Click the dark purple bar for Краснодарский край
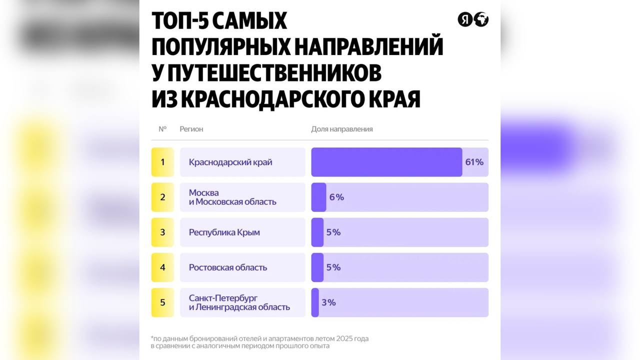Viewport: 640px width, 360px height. click(386, 162)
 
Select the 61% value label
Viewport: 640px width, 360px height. click(474, 162)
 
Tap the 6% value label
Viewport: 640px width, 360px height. click(336, 197)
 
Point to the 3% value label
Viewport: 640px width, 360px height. click(328, 302)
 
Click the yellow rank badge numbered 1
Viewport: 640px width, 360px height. click(162, 162)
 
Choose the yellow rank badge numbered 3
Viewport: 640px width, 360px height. click(162, 232)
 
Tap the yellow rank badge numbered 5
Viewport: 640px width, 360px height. click(162, 302)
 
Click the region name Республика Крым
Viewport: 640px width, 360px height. click(224, 232)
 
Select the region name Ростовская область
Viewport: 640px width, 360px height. click(227, 267)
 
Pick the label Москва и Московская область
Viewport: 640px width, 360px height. click(232, 197)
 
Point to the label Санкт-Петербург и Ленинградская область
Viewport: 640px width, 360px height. click(239, 302)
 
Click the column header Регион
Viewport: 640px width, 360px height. click(191, 129)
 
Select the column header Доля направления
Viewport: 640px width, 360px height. click(342, 129)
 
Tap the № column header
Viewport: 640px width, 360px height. click(162, 129)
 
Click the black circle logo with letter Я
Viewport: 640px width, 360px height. click(465, 19)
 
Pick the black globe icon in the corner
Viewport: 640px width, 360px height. click(481, 19)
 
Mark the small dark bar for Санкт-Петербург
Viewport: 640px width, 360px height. click(315, 302)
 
